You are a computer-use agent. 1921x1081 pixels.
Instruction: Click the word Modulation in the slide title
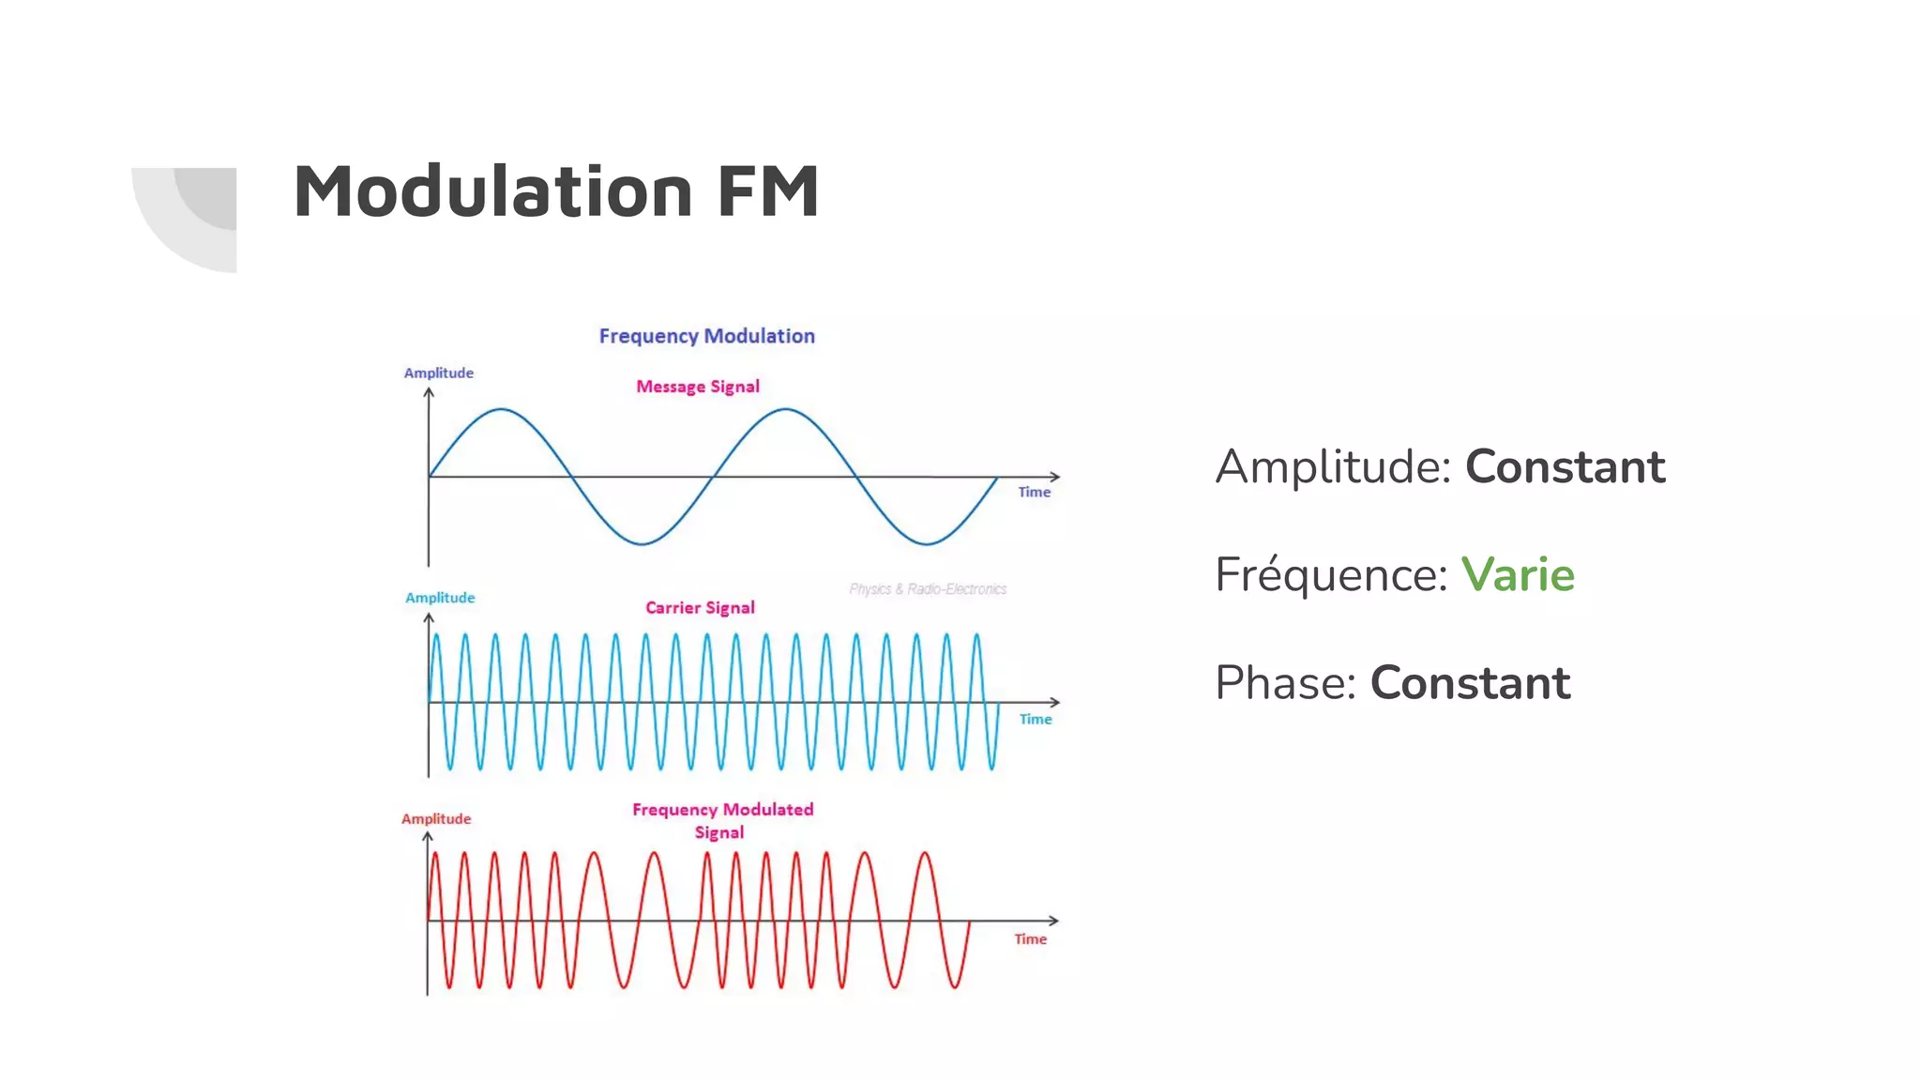[x=492, y=191]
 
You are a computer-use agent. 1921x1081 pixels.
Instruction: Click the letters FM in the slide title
[x=768, y=191]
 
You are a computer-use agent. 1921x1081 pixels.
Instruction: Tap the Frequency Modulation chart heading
[x=706, y=336]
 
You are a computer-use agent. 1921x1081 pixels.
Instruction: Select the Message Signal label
[x=698, y=387]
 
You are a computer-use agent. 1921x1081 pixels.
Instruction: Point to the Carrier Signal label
[x=700, y=608]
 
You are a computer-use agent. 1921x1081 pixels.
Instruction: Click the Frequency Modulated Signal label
[x=722, y=820]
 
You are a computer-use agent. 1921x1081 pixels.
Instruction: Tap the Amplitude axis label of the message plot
[x=438, y=373]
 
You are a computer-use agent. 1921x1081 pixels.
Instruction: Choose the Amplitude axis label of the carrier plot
[x=440, y=598]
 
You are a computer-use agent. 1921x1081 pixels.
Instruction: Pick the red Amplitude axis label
[x=436, y=818]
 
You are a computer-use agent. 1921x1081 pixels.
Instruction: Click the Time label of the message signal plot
[x=1035, y=492]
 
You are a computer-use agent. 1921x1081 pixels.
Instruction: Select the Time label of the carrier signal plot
[x=1036, y=719]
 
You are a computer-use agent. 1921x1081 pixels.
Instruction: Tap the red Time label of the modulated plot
[x=1030, y=938]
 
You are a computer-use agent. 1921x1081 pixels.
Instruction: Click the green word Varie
[x=1518, y=574]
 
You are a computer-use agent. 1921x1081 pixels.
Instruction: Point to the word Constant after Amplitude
[x=1565, y=466]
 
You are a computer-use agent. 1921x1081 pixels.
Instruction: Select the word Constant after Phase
[x=1470, y=682]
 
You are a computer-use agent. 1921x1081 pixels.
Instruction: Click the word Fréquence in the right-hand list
[x=1331, y=574]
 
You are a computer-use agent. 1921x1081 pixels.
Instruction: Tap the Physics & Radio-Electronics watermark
[x=928, y=589]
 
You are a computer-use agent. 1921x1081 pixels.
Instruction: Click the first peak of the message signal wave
[x=503, y=409]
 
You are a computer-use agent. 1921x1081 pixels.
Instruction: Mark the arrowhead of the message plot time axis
[x=1055, y=477]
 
